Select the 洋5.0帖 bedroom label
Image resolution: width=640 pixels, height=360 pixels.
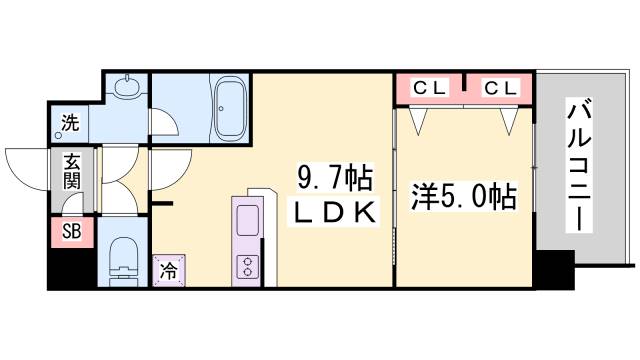coord(463,197)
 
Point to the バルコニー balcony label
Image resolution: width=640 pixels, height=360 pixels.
coord(578,165)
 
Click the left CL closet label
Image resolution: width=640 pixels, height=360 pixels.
coord(430,88)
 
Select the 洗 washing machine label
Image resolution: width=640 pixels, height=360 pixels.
coord(70,124)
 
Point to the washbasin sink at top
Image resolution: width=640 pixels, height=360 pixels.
coord(127,88)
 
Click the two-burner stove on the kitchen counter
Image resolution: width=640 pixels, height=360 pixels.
coord(245,266)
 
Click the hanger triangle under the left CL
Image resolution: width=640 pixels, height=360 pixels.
coord(417,119)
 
